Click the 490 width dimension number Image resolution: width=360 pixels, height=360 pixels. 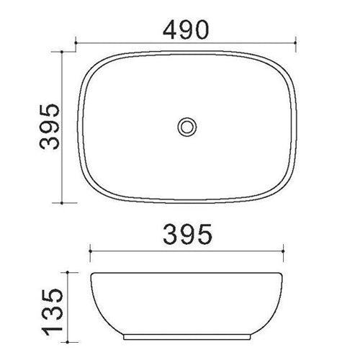[x=186, y=30]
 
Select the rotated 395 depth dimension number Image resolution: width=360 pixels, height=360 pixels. [x=48, y=126]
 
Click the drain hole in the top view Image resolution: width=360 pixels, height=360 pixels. [x=187, y=127]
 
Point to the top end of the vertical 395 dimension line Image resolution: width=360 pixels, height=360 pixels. [x=67, y=53]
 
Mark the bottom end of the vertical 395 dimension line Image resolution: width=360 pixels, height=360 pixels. [x=67, y=201]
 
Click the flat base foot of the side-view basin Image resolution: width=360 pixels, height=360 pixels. [x=187, y=336]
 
